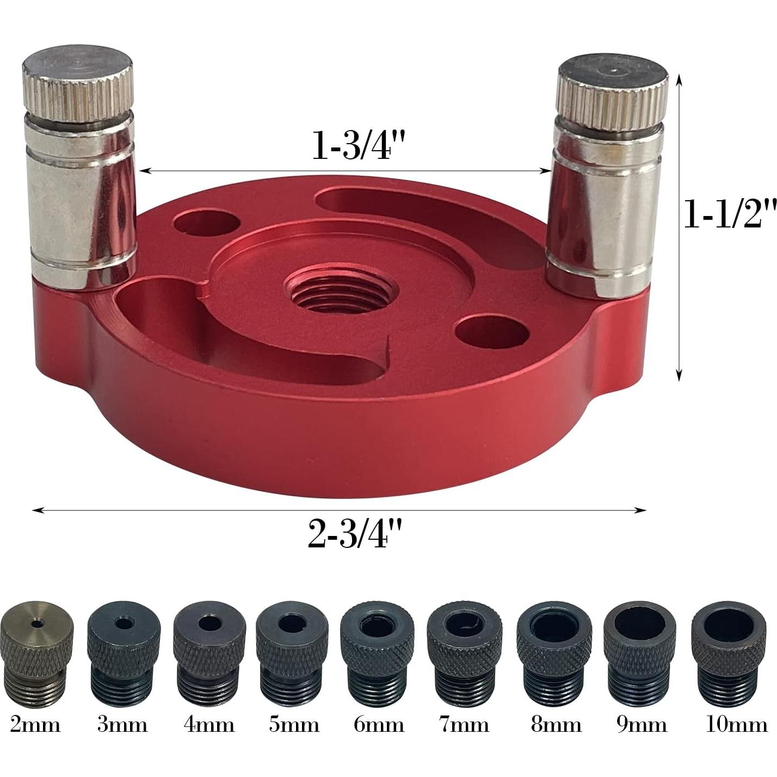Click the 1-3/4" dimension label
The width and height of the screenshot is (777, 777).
point(360,145)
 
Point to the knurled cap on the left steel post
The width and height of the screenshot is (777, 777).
point(78,84)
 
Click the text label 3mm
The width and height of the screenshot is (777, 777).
point(122,725)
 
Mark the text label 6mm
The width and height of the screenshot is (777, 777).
point(379,725)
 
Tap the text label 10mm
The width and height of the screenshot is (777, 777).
point(736,725)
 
